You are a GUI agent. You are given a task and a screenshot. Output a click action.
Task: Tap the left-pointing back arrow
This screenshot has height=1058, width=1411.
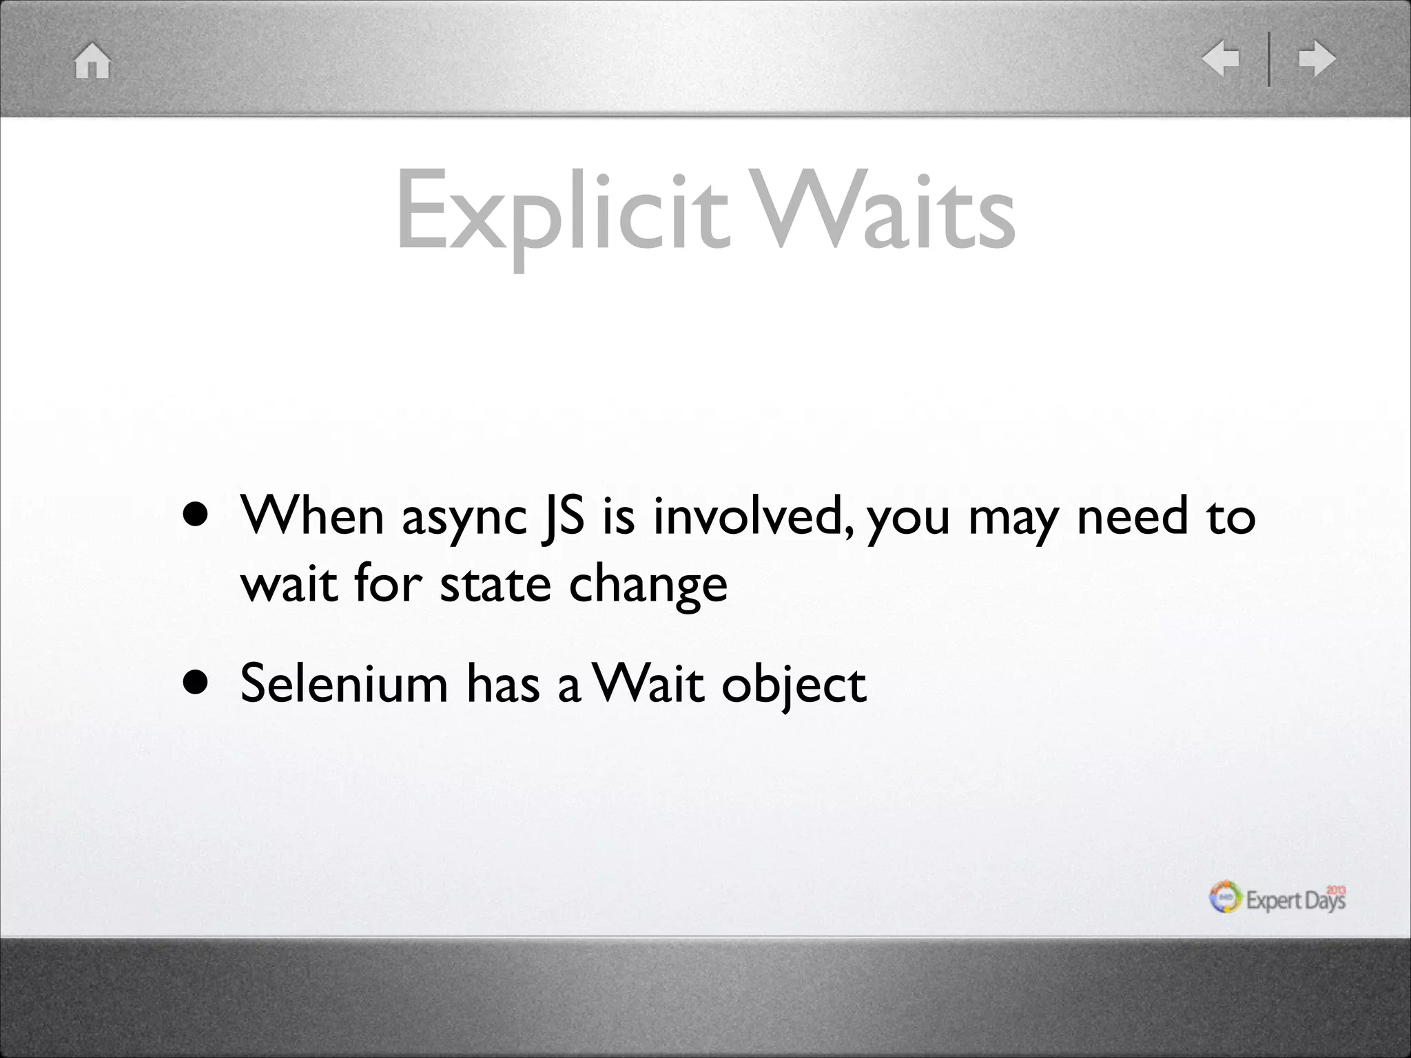click(1220, 59)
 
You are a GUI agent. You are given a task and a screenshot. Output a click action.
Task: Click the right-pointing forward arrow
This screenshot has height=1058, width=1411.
click(1317, 59)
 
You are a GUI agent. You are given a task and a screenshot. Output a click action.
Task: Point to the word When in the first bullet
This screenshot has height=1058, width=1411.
click(311, 516)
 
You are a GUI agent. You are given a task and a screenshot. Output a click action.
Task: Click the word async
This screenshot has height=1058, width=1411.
click(464, 518)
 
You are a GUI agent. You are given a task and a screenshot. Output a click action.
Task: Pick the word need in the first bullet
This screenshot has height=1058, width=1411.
click(1133, 516)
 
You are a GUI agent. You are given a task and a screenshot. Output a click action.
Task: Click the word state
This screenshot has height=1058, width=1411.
click(495, 585)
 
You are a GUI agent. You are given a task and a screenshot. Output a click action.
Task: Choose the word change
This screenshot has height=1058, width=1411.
click(648, 587)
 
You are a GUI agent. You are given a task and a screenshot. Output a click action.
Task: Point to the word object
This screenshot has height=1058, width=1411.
click(793, 686)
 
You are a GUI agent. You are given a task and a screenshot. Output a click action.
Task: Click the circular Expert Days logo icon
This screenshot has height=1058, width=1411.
click(1226, 898)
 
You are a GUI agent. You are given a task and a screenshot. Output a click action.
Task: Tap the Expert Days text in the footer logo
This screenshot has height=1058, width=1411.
click(1295, 900)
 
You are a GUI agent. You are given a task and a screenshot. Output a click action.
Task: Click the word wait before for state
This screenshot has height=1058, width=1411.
click(289, 585)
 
